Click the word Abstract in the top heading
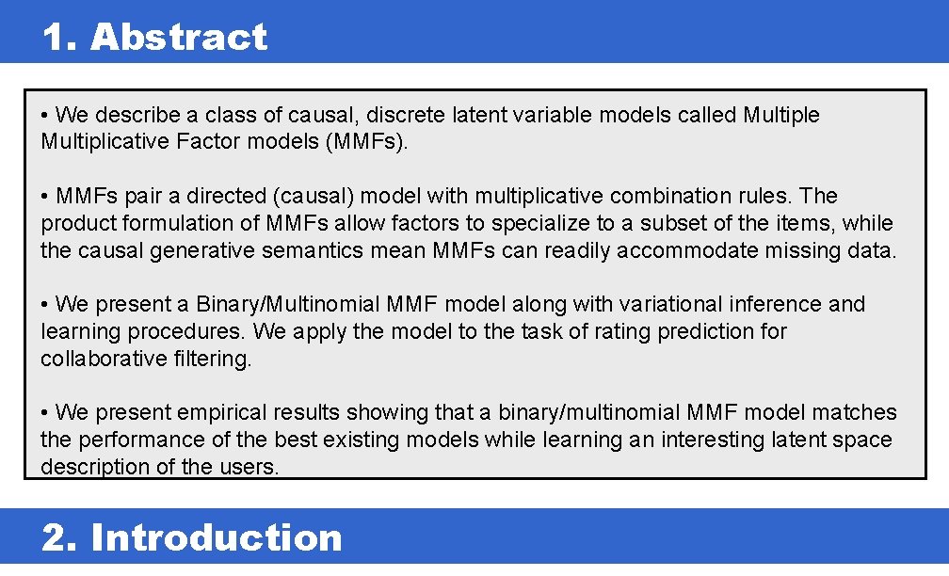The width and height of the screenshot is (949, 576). [x=179, y=38]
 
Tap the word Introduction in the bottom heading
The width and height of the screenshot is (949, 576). [x=217, y=537]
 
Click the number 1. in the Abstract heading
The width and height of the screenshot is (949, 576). [x=61, y=38]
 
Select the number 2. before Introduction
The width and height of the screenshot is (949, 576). [x=62, y=537]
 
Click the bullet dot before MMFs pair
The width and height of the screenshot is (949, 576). [x=45, y=196]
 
